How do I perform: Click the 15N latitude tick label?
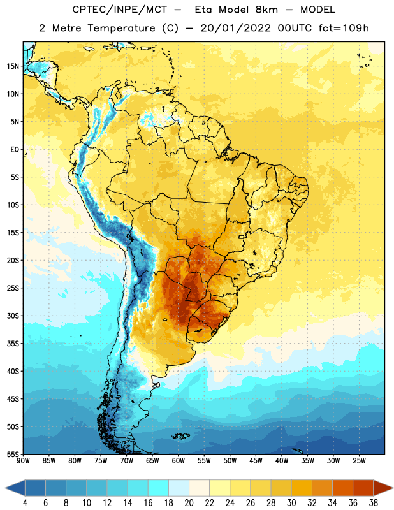point(13,66)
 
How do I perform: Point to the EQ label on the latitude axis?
point(15,150)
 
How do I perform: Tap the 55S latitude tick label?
point(13,454)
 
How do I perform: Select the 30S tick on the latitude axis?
point(13,316)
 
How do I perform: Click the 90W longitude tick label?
point(23,461)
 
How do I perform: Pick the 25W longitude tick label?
point(359,461)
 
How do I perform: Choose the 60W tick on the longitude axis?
point(179,461)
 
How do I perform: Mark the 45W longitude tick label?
point(256,461)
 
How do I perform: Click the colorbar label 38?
point(373,503)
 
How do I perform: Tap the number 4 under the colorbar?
point(25,503)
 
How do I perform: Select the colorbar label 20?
point(189,503)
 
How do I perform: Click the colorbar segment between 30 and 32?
point(302,488)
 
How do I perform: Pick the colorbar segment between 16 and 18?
point(159,488)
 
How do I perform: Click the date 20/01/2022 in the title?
point(235,28)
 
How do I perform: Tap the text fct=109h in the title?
point(344,28)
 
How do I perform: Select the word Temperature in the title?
point(121,28)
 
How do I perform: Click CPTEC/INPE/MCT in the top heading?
point(119,10)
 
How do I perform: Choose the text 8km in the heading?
point(266,10)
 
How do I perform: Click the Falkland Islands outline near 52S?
point(181,436)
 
